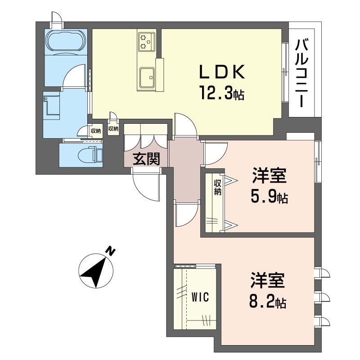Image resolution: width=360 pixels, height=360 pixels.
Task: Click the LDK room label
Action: pos(222,72)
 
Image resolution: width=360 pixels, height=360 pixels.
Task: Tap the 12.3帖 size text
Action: pos(222,92)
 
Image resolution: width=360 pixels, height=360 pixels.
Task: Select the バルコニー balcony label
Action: pos(301,73)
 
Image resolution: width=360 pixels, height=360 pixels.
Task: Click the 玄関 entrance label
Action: pos(147,159)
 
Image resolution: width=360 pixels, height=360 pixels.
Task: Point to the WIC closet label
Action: pos(200,297)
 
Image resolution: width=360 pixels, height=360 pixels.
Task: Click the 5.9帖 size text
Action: pos(269,196)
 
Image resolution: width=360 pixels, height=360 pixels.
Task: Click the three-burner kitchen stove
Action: pos(146,41)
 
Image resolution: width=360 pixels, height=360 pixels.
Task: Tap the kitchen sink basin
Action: pos(147,77)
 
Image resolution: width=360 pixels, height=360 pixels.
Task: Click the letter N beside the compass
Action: pos(110,251)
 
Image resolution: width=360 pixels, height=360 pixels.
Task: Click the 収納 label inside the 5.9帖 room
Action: pos(217,187)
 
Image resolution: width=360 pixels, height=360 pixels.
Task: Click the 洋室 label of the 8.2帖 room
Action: pos(268,280)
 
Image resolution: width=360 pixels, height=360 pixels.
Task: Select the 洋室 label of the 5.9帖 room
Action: pos(269,175)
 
